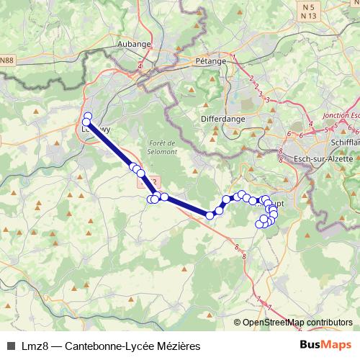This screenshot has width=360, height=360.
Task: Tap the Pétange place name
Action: pyautogui.click(x=210, y=61)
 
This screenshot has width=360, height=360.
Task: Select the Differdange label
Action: pyautogui.click(x=223, y=118)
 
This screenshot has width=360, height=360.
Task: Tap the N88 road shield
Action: pyautogui.click(x=6, y=60)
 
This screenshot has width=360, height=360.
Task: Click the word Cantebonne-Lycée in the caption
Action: pyautogui.click(x=105, y=346)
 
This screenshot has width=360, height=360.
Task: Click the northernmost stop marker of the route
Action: pyautogui.click(x=88, y=117)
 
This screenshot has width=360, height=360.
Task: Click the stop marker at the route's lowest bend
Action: pyautogui.click(x=210, y=215)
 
